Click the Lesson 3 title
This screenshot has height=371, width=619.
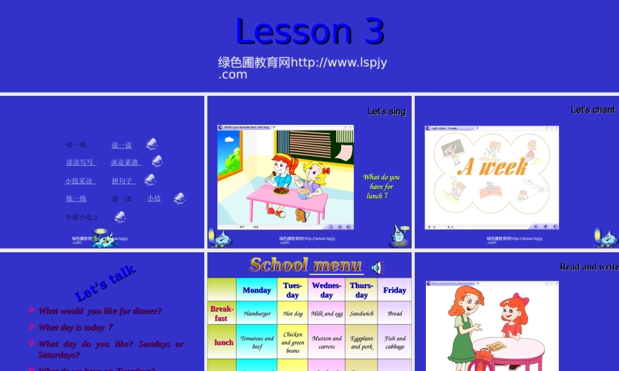click(309, 31)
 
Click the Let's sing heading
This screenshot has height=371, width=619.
click(386, 111)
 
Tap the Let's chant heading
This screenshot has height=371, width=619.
click(592, 109)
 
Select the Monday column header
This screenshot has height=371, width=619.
click(257, 290)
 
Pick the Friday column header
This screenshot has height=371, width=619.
click(394, 290)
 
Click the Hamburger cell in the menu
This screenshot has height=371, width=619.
click(257, 313)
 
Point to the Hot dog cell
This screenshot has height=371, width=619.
click(293, 313)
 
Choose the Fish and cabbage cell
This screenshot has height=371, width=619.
click(394, 343)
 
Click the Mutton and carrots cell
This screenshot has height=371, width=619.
click(327, 343)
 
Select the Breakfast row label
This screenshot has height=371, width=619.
click(222, 313)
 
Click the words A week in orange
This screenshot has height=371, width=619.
click(493, 167)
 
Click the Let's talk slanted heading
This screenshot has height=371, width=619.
click(105, 283)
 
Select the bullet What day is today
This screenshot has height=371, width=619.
click(76, 327)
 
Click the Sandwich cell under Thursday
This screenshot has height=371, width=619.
click(361, 313)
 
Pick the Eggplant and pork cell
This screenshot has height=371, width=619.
click(361, 343)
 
